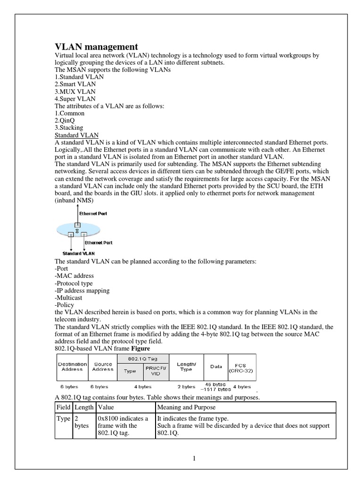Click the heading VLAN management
click(97, 47)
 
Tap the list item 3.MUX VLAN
click(75, 92)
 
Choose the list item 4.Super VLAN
click(75, 99)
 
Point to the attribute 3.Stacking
click(69, 127)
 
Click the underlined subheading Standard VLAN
click(77, 135)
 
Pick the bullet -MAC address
click(74, 275)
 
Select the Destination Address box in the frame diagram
click(72, 366)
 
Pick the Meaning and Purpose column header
click(187, 407)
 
